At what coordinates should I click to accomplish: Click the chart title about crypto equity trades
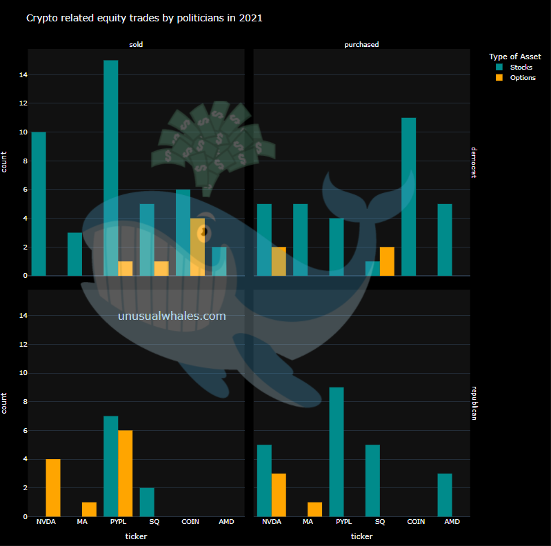coord(144,18)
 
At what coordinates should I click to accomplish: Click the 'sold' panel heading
coord(136,45)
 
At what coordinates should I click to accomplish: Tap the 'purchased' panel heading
coord(361,45)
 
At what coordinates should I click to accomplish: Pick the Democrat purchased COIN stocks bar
coord(409,196)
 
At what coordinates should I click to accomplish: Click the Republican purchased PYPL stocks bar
coord(337,452)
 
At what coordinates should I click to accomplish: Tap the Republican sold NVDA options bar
coord(53,487)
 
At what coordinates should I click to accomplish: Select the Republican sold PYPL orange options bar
coord(126,473)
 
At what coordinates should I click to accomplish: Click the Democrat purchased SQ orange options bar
coord(387,261)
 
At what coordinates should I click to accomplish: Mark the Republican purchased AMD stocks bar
coord(445,494)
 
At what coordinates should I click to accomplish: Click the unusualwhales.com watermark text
coord(172,316)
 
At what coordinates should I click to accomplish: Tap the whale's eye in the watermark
coord(203,233)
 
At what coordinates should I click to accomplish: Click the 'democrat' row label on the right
coord(474,162)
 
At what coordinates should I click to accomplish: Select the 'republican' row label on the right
coord(474,403)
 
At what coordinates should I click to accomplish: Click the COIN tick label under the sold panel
coord(190,522)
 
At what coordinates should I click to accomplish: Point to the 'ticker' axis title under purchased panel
coord(361,536)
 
